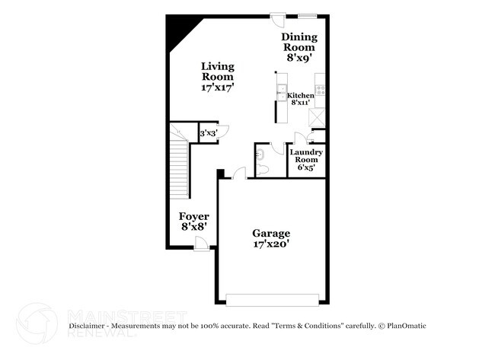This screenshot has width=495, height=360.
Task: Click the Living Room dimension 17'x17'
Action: point(217,87)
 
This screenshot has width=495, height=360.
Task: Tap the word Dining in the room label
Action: point(299,37)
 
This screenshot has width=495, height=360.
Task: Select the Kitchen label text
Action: point(300,95)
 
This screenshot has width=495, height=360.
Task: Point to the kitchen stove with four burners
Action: point(320,90)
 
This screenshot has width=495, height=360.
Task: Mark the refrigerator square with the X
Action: point(317,117)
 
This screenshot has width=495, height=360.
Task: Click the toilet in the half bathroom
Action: point(262,170)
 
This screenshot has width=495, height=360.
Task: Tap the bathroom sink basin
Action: point(260,155)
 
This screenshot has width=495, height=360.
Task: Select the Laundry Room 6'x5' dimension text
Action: point(306,167)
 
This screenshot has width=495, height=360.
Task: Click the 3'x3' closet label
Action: point(209,133)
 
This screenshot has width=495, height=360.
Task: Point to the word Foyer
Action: point(194,216)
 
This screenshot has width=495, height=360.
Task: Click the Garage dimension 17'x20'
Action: point(272,244)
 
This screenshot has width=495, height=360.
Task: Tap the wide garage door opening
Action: point(272,300)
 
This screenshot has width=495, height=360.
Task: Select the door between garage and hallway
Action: point(239,174)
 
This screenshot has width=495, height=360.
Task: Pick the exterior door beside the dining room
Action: point(278,20)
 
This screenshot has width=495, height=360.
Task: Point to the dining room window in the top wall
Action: point(308,15)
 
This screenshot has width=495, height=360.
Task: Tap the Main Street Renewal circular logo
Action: point(37,323)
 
